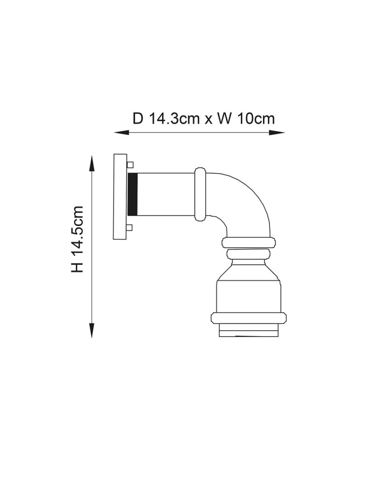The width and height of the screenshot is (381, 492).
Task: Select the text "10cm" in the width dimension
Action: point(256,119)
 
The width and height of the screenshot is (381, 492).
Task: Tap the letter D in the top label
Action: point(138,119)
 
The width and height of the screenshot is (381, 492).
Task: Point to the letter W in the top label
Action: point(224,119)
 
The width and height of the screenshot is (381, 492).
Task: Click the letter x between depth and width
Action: point(208,121)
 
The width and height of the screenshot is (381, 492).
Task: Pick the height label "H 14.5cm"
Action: point(77,239)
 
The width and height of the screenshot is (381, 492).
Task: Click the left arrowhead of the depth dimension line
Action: point(122,133)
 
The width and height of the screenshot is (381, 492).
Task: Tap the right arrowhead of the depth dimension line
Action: point(277,133)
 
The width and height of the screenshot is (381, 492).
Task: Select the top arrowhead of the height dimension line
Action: point(92,163)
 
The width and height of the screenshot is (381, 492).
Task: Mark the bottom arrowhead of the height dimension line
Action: point(92,330)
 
